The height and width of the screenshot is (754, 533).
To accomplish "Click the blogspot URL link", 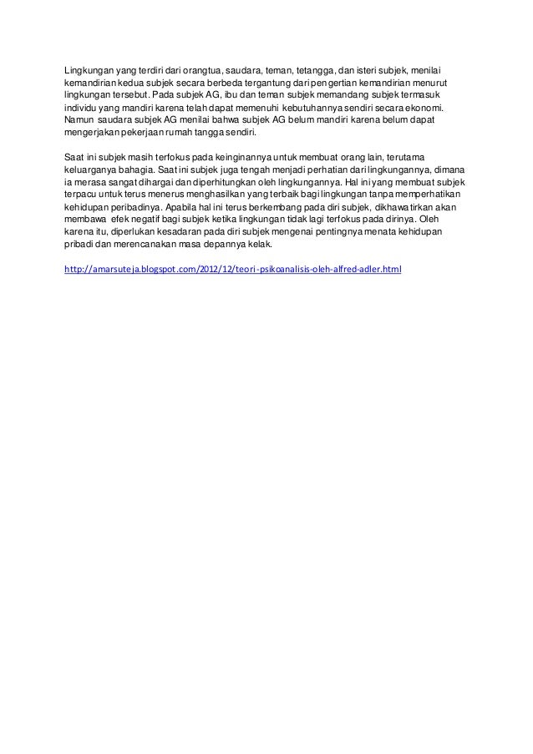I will (x=233, y=270).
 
